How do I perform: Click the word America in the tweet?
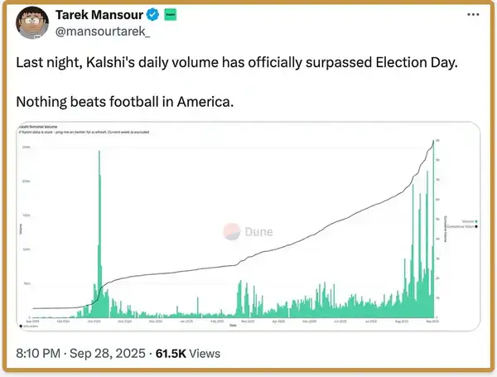tap(203, 102)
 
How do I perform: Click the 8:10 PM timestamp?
tap(39, 354)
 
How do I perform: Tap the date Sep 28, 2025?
tap(109, 354)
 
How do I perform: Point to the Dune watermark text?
tap(258, 232)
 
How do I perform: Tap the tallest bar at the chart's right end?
tap(434, 224)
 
